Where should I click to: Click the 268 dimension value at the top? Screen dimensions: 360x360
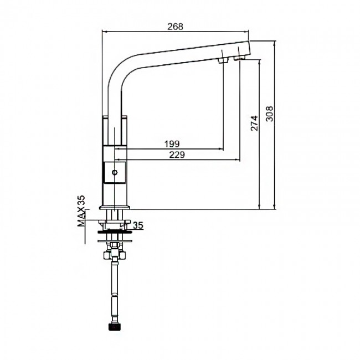[175, 27]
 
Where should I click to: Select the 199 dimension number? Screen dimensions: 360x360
[172, 144]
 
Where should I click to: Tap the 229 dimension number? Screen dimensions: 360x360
[177, 155]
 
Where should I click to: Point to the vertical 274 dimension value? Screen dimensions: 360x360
[254, 124]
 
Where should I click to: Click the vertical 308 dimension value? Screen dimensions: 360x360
[269, 114]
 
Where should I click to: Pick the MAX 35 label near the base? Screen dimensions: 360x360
[81, 211]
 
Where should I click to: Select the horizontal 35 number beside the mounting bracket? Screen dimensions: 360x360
[138, 225]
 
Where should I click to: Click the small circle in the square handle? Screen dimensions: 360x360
[114, 172]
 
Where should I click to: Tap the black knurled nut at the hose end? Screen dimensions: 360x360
[114, 327]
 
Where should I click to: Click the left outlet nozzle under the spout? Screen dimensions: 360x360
[223, 60]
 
